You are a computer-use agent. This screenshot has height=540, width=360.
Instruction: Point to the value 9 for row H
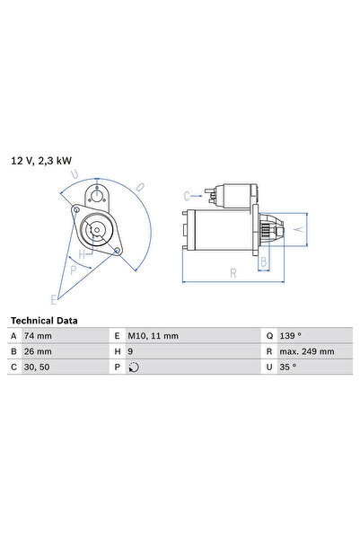(132, 351)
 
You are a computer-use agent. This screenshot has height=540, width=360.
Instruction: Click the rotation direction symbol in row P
(134, 367)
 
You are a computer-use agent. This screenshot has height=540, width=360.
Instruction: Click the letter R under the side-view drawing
(231, 272)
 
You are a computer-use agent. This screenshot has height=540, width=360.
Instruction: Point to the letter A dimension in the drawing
(300, 230)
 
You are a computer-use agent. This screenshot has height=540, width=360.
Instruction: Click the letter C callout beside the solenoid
(187, 195)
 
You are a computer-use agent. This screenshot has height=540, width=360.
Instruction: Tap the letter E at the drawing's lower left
(54, 298)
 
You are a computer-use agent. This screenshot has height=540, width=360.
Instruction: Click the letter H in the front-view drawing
(81, 254)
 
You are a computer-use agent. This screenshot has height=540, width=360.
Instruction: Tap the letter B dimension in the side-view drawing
(263, 261)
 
